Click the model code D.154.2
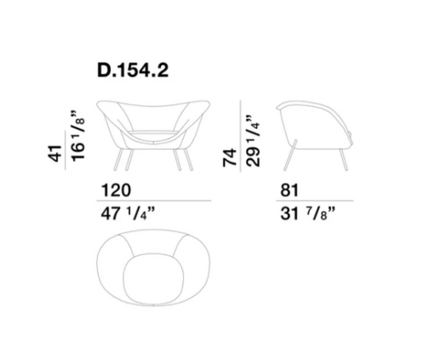coord(133,71)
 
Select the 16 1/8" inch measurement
coord(78,136)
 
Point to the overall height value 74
coord(230,157)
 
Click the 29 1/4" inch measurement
coord(253,141)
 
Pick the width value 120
coord(116,191)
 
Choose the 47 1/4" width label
coord(128,214)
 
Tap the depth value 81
coord(289,191)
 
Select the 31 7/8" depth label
coord(308,214)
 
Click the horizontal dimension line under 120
coord(153,201)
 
